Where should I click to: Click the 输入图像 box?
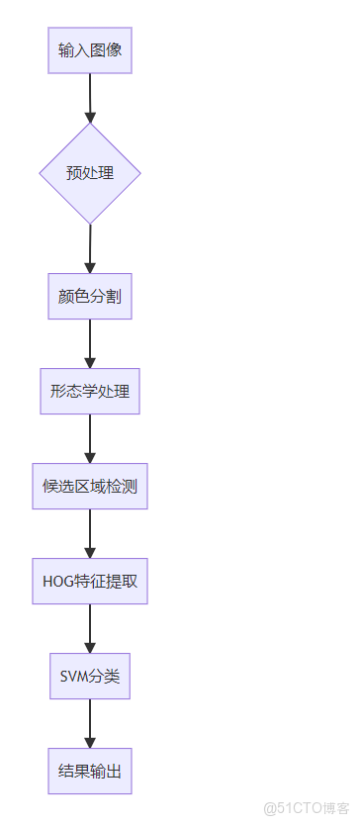(90, 49)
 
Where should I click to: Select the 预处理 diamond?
(90, 173)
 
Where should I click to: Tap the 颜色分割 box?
(90, 296)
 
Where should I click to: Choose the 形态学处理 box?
(90, 391)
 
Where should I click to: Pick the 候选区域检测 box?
(90, 486)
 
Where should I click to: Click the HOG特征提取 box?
(90, 581)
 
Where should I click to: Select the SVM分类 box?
(90, 676)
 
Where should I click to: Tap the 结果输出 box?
(90, 771)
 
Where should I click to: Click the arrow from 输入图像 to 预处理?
(90, 97)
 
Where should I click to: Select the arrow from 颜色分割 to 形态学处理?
(90, 343)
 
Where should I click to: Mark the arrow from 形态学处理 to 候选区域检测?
(90, 438)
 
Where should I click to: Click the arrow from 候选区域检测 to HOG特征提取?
(90, 533)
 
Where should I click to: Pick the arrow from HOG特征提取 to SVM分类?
(90, 628)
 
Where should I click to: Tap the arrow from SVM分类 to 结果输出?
(90, 723)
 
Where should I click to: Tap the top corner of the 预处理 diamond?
(90, 125)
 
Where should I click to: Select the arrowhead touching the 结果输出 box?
(90, 742)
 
